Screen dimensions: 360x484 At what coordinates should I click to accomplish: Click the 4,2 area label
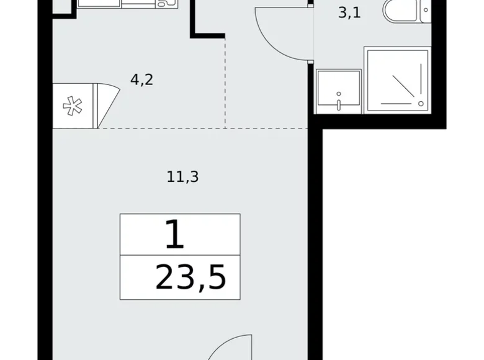click(x=141, y=79)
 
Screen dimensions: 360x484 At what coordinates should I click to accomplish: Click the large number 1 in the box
click(x=175, y=235)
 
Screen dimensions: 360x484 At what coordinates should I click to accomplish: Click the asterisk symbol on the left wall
click(x=73, y=106)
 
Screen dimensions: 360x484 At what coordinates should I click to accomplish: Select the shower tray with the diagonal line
click(x=395, y=79)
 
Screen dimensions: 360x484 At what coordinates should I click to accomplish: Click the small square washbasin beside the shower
click(x=339, y=91)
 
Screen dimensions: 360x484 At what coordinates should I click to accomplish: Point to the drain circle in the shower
click(x=421, y=103)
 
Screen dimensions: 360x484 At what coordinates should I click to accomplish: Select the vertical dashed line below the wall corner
click(x=225, y=81)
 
